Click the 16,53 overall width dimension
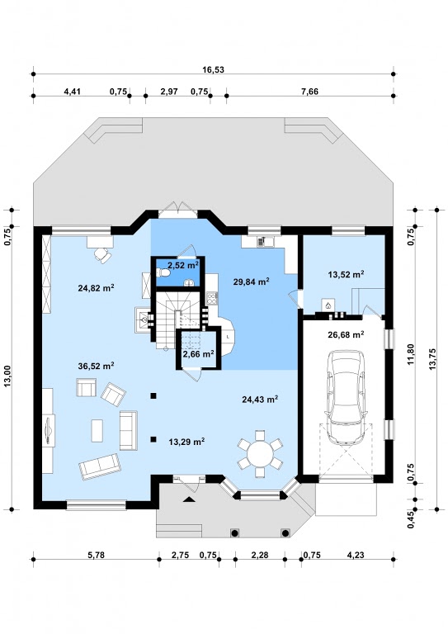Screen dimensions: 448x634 pyautogui.click(x=213, y=69)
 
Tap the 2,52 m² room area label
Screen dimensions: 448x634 pyautogui.click(x=183, y=265)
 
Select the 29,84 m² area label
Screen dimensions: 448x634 pyautogui.click(x=252, y=282)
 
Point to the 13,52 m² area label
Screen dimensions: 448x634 pyautogui.click(x=347, y=275)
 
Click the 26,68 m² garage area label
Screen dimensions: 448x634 pyautogui.click(x=347, y=334)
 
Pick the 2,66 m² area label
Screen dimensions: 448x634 pyautogui.click(x=198, y=354)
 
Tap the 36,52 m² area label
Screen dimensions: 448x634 pyautogui.click(x=96, y=366)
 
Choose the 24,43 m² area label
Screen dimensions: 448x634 pyautogui.click(x=260, y=400)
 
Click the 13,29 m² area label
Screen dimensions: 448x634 pyautogui.click(x=186, y=442)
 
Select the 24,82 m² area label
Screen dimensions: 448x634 pyautogui.click(x=96, y=288)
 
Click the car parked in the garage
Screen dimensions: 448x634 pyautogui.click(x=347, y=397)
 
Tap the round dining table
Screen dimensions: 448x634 pyautogui.click(x=260, y=454)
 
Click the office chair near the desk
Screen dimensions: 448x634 pyautogui.click(x=103, y=255)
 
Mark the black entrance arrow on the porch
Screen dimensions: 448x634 pyautogui.click(x=188, y=499)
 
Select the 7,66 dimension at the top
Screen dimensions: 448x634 pyautogui.click(x=309, y=92)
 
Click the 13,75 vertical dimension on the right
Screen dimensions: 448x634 pyautogui.click(x=432, y=358)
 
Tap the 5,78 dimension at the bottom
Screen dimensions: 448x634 pyautogui.click(x=96, y=555)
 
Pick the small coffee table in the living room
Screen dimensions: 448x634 pyautogui.click(x=97, y=431)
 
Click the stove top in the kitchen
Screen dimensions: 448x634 pyautogui.click(x=212, y=298)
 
